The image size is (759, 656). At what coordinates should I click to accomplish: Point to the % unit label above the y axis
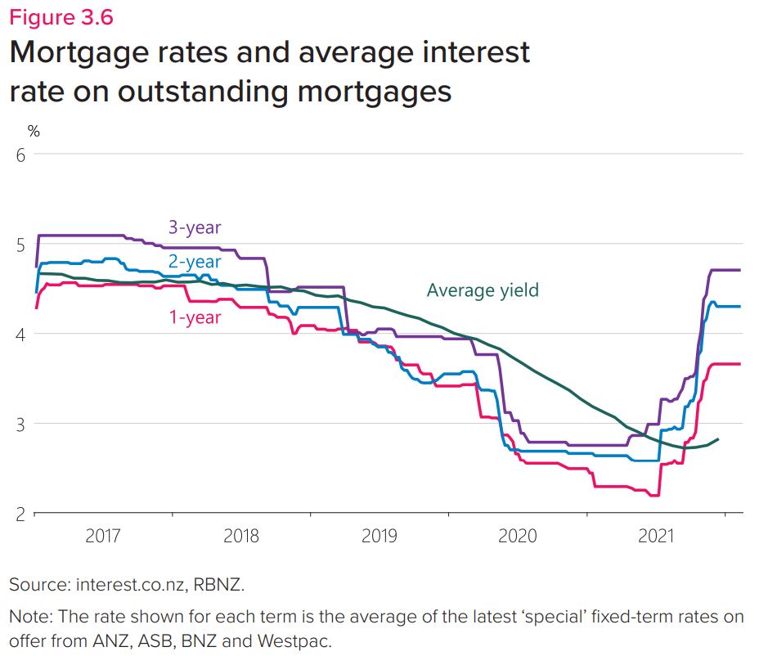point(34,131)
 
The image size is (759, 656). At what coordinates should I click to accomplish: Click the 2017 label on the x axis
point(103,536)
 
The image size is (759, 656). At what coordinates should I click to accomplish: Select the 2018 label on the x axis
point(241,536)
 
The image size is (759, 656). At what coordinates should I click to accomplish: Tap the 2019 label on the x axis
point(379,536)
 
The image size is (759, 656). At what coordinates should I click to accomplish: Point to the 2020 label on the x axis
point(518,536)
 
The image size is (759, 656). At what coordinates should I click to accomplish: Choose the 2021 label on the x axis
point(656,536)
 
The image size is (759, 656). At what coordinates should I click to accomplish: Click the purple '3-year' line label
point(195,227)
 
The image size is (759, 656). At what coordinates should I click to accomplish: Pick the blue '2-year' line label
point(195,262)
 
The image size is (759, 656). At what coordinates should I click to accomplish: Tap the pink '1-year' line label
point(195,317)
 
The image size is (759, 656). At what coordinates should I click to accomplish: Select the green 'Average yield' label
point(483,290)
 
